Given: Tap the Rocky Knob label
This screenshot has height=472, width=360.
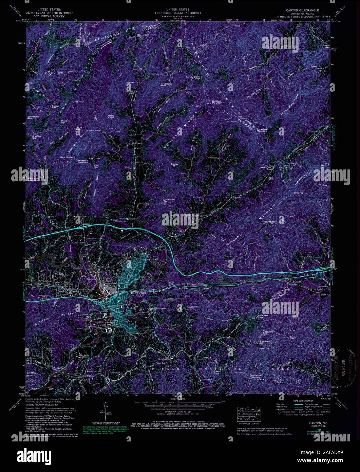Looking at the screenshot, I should [111, 116].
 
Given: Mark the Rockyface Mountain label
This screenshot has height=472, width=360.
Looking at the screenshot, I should [266, 130].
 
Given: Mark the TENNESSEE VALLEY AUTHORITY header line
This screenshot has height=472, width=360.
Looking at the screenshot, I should [180, 13].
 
